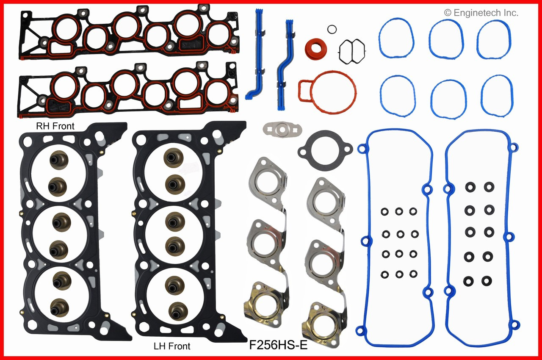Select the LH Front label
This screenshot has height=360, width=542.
(x=171, y=346)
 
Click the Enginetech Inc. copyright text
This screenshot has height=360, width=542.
(x=481, y=13)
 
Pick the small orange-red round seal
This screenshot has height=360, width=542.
(x=316, y=49)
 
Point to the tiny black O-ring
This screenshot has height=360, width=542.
(x=332, y=29)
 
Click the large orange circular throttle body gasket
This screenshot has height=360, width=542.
(x=326, y=89)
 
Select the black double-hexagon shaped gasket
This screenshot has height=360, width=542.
(x=351, y=52)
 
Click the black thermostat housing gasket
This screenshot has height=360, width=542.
(x=325, y=148)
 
